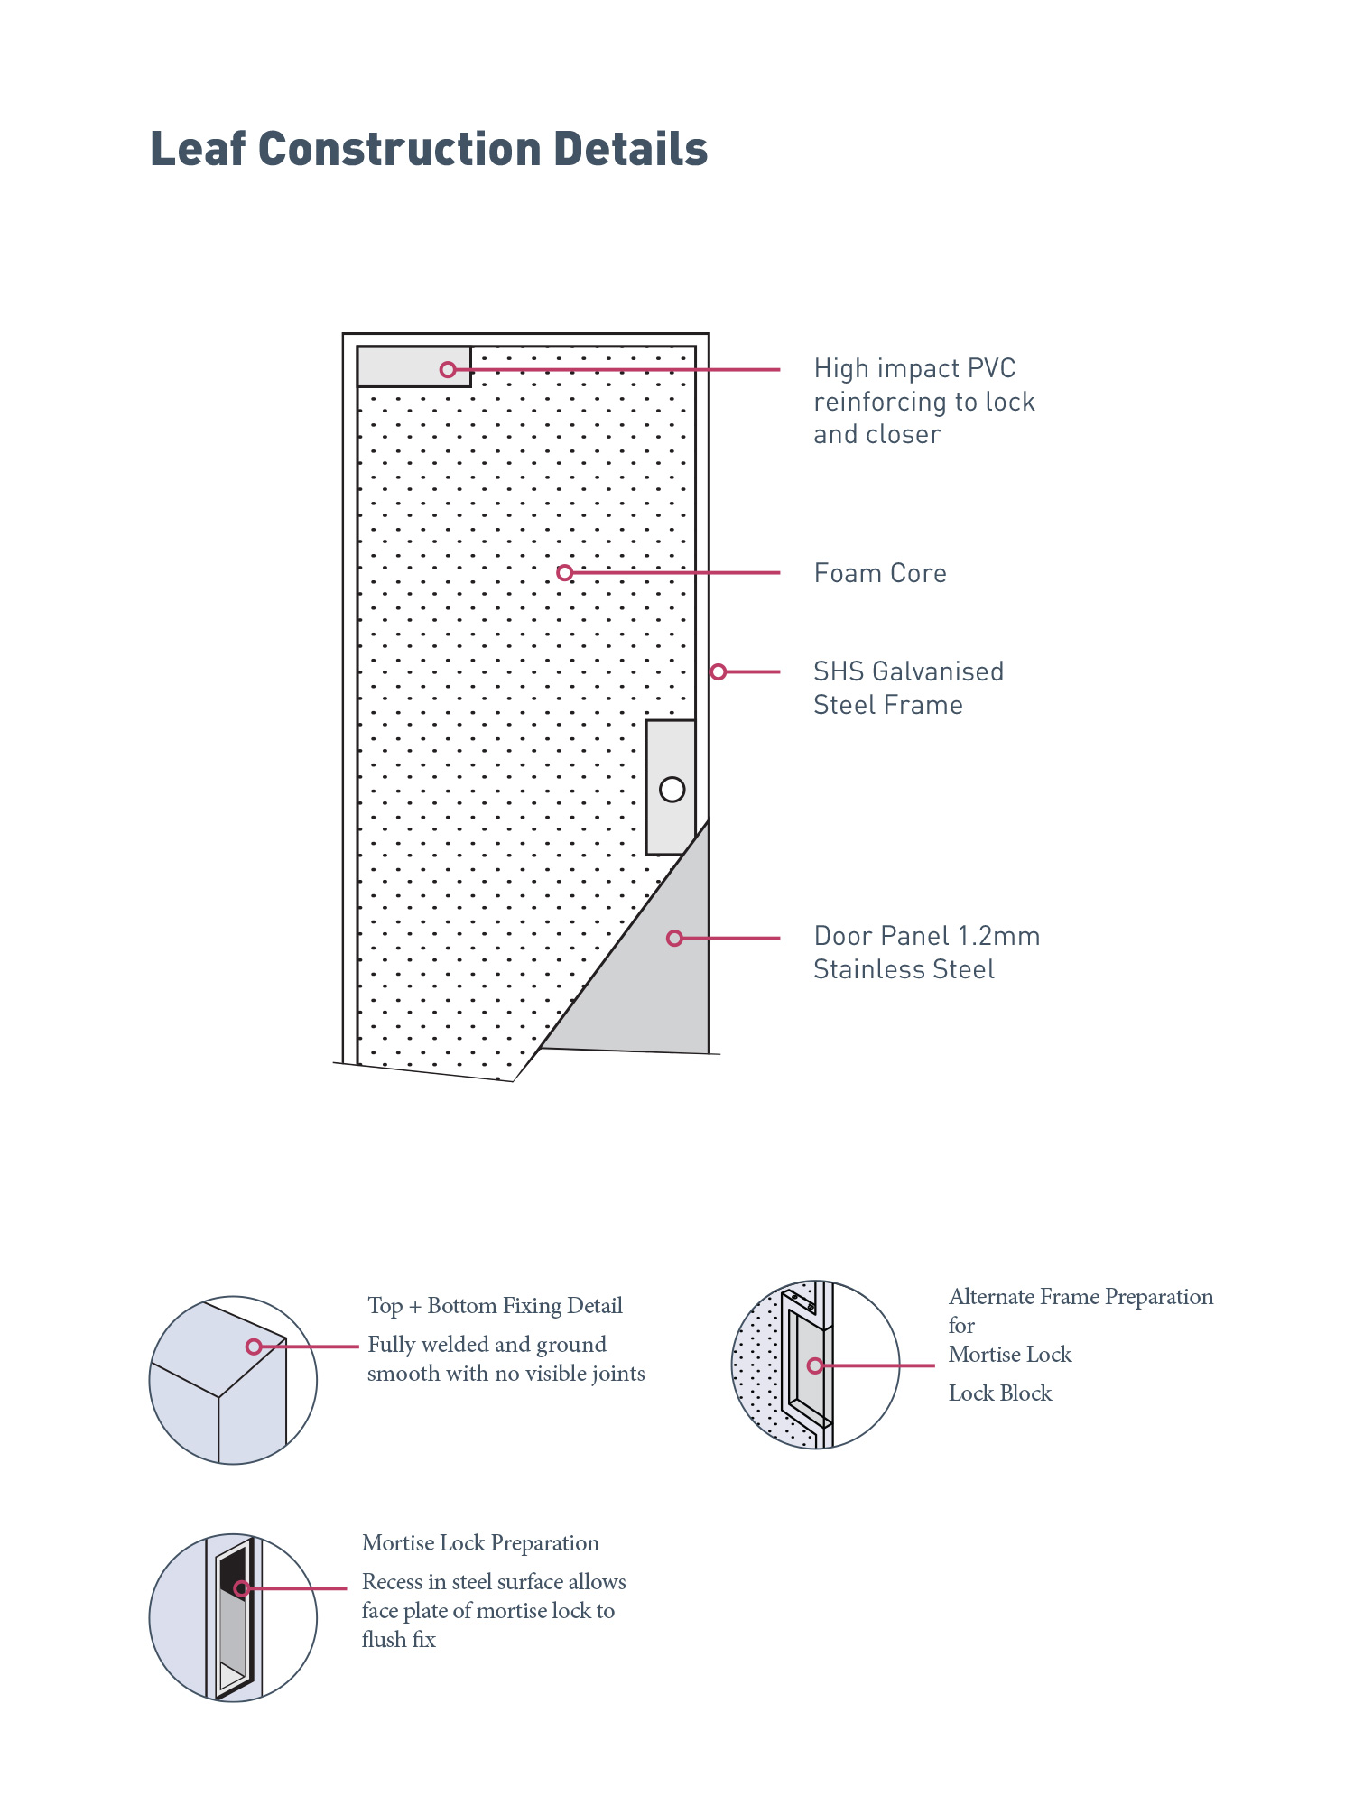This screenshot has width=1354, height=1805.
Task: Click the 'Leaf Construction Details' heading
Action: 429,149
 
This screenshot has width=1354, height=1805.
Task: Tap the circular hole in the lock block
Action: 672,790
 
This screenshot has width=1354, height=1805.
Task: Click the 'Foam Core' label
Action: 880,573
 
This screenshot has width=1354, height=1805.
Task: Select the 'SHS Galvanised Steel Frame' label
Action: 907,688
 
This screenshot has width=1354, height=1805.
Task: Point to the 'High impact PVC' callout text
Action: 914,368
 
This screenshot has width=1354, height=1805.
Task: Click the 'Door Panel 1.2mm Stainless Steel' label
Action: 926,952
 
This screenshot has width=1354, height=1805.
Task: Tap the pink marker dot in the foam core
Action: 565,572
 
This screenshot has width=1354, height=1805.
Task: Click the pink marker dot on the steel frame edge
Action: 719,671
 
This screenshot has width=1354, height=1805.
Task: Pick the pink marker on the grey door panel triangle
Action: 674,939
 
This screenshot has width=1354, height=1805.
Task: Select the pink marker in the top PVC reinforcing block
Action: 448,369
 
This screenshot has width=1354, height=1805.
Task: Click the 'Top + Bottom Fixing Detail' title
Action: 495,1306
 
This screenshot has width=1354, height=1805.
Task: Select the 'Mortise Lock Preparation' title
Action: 480,1543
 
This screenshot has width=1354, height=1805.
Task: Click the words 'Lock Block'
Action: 1000,1393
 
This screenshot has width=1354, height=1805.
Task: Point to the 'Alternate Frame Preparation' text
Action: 1080,1297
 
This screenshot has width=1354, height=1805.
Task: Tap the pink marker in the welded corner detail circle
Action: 254,1347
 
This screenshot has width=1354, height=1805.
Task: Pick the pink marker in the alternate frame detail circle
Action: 815,1365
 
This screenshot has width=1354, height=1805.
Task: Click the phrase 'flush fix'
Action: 398,1640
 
